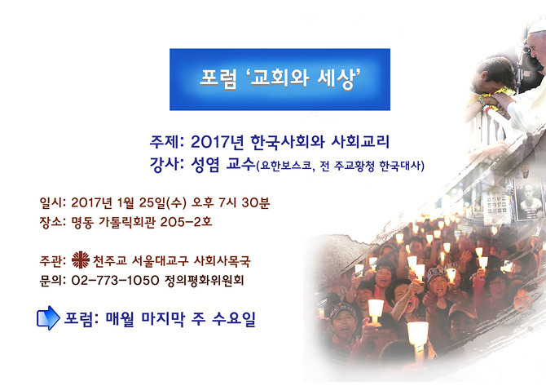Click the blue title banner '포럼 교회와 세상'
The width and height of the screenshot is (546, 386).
tap(280, 79)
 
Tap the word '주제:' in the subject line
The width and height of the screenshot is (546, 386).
tap(167, 142)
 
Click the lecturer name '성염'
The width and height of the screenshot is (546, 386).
tap(205, 164)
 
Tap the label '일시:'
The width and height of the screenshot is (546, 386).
tap(53, 202)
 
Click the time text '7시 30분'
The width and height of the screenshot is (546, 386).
tap(244, 202)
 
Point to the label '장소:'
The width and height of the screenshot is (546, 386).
tap(53, 222)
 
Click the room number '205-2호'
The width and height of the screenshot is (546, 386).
tap(186, 222)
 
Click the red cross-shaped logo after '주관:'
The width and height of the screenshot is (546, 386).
tap(81, 260)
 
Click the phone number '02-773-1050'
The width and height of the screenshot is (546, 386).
tap(115, 281)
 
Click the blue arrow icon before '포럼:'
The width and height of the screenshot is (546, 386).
tap(48, 317)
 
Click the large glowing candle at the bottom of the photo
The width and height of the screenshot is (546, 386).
tap(418, 335)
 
